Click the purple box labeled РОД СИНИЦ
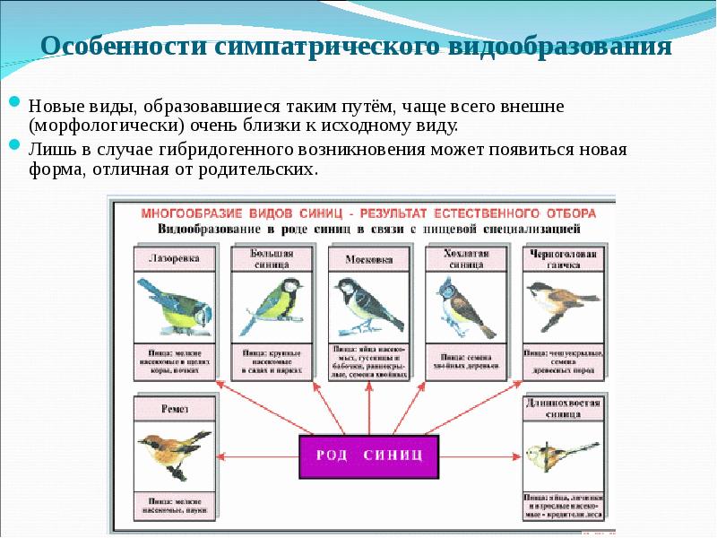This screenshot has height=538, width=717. (367, 456)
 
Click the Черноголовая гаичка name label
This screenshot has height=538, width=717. (562, 258)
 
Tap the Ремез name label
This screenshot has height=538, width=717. (174, 408)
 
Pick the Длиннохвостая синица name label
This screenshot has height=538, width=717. (562, 408)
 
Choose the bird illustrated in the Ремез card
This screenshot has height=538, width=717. (174, 453)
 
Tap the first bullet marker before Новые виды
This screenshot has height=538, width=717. (16, 103)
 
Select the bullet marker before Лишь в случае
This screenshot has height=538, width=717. (16, 144)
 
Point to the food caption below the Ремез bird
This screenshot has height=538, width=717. (174, 506)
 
